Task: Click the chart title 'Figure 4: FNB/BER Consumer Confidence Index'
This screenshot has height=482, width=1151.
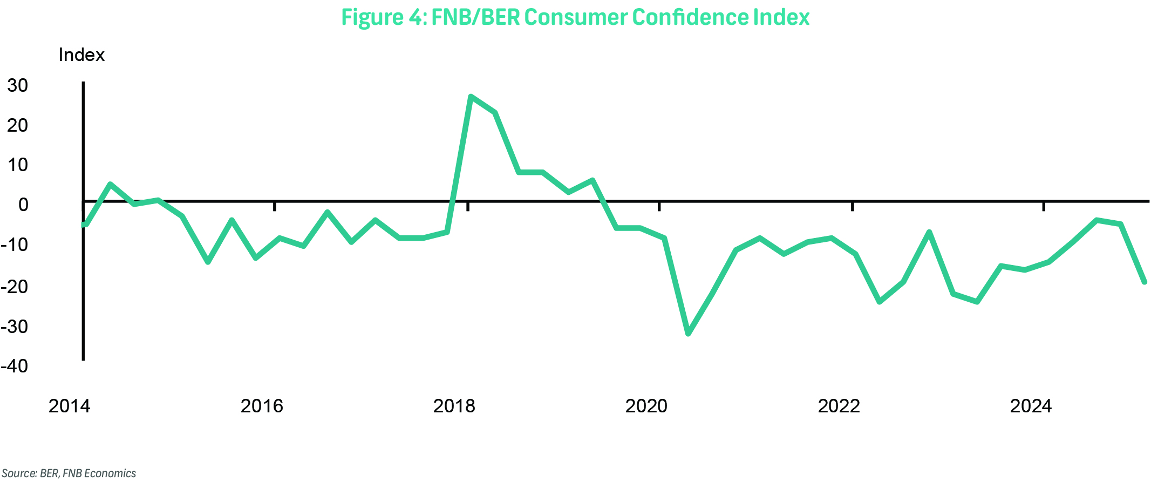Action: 575,17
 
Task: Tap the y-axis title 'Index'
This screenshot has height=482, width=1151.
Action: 81,55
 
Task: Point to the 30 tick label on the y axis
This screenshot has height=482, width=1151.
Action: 18,85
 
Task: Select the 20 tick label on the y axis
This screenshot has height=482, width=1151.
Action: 18,125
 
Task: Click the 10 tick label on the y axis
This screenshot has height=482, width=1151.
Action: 18,165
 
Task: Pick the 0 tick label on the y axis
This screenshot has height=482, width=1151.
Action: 23,205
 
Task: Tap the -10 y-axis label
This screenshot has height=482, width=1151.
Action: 15,245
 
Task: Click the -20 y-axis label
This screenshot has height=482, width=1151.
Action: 15,286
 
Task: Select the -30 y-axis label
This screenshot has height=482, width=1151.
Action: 15,327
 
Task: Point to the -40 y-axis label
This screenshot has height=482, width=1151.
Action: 15,366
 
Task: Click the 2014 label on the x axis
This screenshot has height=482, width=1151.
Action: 69,406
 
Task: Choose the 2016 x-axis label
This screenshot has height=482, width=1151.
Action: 262,406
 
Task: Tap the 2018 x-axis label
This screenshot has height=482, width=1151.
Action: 454,406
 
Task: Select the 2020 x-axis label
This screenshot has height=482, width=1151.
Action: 646,406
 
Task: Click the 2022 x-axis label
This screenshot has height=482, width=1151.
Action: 839,406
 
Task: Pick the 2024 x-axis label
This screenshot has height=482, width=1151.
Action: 1031,406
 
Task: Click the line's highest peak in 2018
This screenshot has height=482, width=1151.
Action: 471,97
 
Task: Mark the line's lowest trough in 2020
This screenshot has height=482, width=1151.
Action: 688,334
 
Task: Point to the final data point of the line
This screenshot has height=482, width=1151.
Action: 1144,282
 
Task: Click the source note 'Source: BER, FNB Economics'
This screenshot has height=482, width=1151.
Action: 69,473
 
